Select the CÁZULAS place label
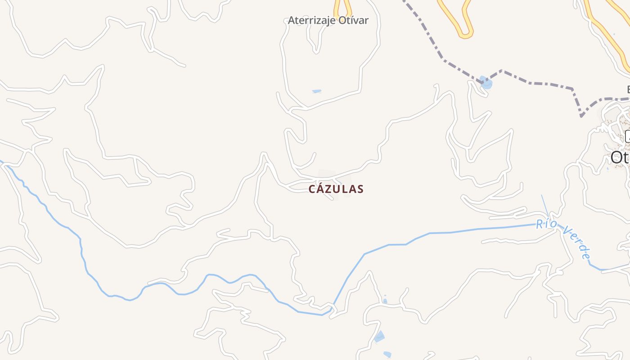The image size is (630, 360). pyautogui.click(x=336, y=189)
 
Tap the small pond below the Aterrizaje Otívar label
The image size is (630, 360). pyautogui.click(x=317, y=91)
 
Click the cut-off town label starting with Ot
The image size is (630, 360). pyautogui.click(x=620, y=157)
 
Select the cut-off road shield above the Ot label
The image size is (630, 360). pyautogui.click(x=628, y=136)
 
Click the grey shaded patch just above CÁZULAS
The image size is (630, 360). pyautogui.click(x=326, y=176)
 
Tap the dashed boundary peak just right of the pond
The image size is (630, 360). pyautogui.click(x=502, y=71)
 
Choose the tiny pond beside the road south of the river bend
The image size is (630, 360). pyautogui.click(x=385, y=301)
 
